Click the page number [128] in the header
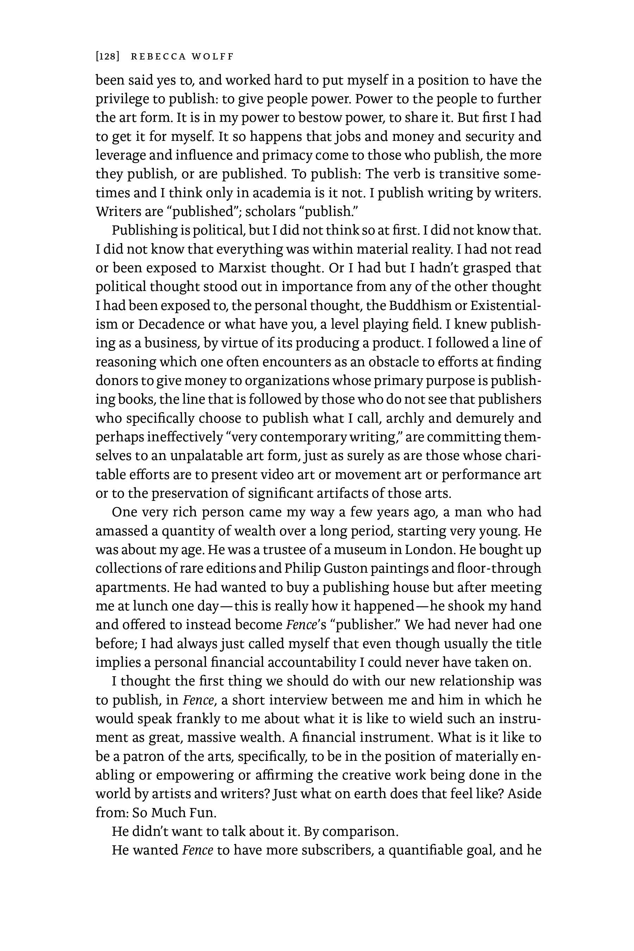(x=107, y=57)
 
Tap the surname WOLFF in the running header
(x=213, y=57)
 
